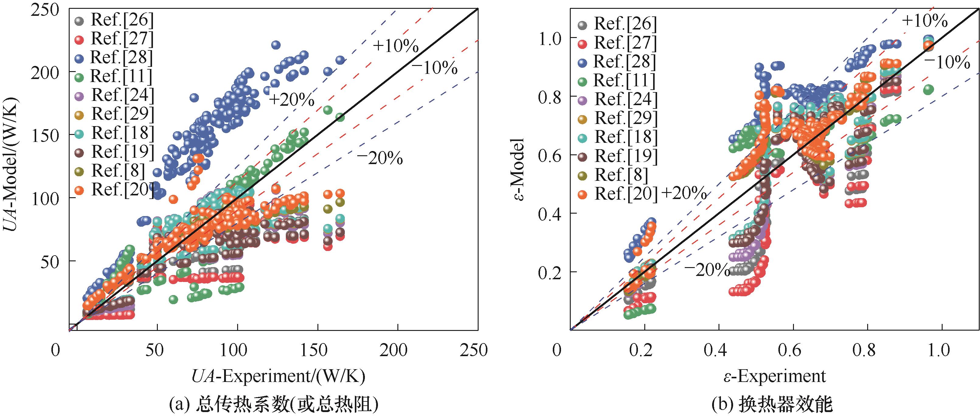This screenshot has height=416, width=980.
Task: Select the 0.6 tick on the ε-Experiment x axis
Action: (793, 350)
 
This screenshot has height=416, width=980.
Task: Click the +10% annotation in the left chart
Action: (395, 46)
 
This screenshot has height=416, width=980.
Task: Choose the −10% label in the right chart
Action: (947, 62)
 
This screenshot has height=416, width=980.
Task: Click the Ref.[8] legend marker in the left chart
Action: (79, 171)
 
